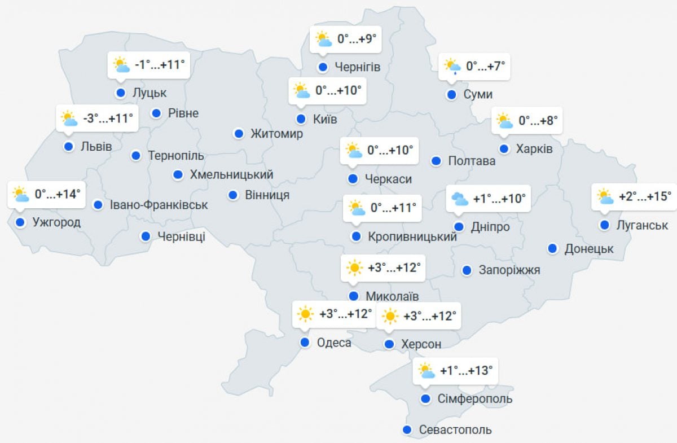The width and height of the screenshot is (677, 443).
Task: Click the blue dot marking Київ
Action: click(x=301, y=119)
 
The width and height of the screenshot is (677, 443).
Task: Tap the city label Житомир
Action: click(x=276, y=134)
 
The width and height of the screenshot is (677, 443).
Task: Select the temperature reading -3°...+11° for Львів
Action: click(x=108, y=119)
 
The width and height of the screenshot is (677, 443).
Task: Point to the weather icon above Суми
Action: click(x=452, y=67)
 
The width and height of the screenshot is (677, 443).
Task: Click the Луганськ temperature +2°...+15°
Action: click(x=645, y=196)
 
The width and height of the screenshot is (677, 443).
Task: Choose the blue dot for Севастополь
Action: click(x=407, y=430)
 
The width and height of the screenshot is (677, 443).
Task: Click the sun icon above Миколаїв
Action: click(x=354, y=267)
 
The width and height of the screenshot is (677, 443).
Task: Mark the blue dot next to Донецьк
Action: click(x=553, y=248)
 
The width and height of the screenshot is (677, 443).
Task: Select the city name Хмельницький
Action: click(x=231, y=175)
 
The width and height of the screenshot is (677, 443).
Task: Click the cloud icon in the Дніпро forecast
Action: click(x=460, y=199)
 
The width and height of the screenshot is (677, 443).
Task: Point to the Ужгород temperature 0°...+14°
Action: click(x=58, y=194)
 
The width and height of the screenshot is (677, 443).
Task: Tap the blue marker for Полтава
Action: click(x=436, y=161)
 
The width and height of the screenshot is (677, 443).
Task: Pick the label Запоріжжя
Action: click(x=509, y=270)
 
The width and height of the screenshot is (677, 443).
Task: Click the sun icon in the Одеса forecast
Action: click(x=305, y=314)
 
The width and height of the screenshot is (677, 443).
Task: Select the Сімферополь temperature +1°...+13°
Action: click(x=466, y=371)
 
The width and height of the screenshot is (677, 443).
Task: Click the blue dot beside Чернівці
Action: click(x=146, y=236)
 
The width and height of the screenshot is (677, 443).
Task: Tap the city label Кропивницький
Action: click(x=412, y=237)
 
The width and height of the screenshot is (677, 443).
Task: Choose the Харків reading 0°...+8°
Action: click(x=538, y=121)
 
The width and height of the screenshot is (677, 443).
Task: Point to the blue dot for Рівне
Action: click(x=157, y=113)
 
